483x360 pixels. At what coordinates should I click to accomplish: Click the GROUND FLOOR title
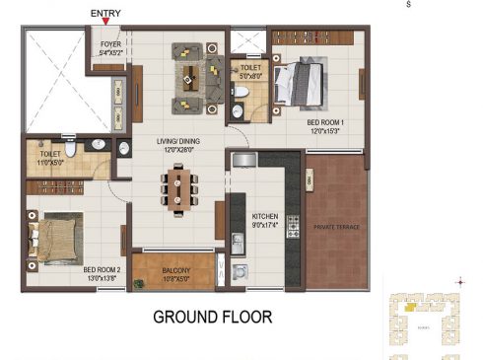pyautogui.click(x=211, y=318)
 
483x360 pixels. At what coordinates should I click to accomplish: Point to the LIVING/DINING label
pyautogui.click(x=177, y=142)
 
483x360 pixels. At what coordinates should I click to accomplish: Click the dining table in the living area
pyautogui.click(x=179, y=189)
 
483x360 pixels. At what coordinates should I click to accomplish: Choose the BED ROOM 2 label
pyautogui.click(x=102, y=269)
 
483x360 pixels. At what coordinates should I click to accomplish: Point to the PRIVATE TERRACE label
pyautogui.click(x=338, y=227)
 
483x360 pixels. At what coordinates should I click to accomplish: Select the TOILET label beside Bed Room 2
pyautogui.click(x=50, y=155)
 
